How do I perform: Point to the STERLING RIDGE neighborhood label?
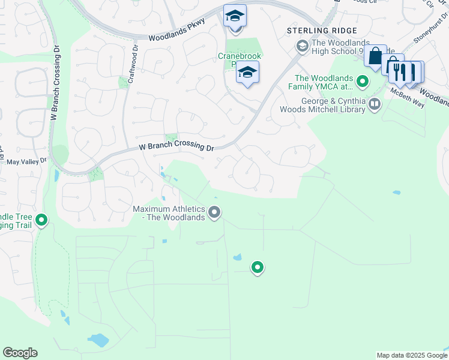click(322, 31)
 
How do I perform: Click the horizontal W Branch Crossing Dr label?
click(176, 146)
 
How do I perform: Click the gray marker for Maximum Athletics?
click(214, 212)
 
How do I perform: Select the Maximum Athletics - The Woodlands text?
click(169, 213)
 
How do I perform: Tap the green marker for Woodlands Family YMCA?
click(362, 80)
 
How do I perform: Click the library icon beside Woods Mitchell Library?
click(375, 105)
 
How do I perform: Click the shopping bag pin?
click(375, 56)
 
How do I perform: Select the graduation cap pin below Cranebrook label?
click(247, 73)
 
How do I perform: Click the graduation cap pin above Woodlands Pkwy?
click(235, 16)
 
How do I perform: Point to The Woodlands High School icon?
click(302, 46)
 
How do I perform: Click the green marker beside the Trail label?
click(41, 220)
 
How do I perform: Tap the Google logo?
click(20, 353)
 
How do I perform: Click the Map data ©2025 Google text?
click(411, 355)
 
